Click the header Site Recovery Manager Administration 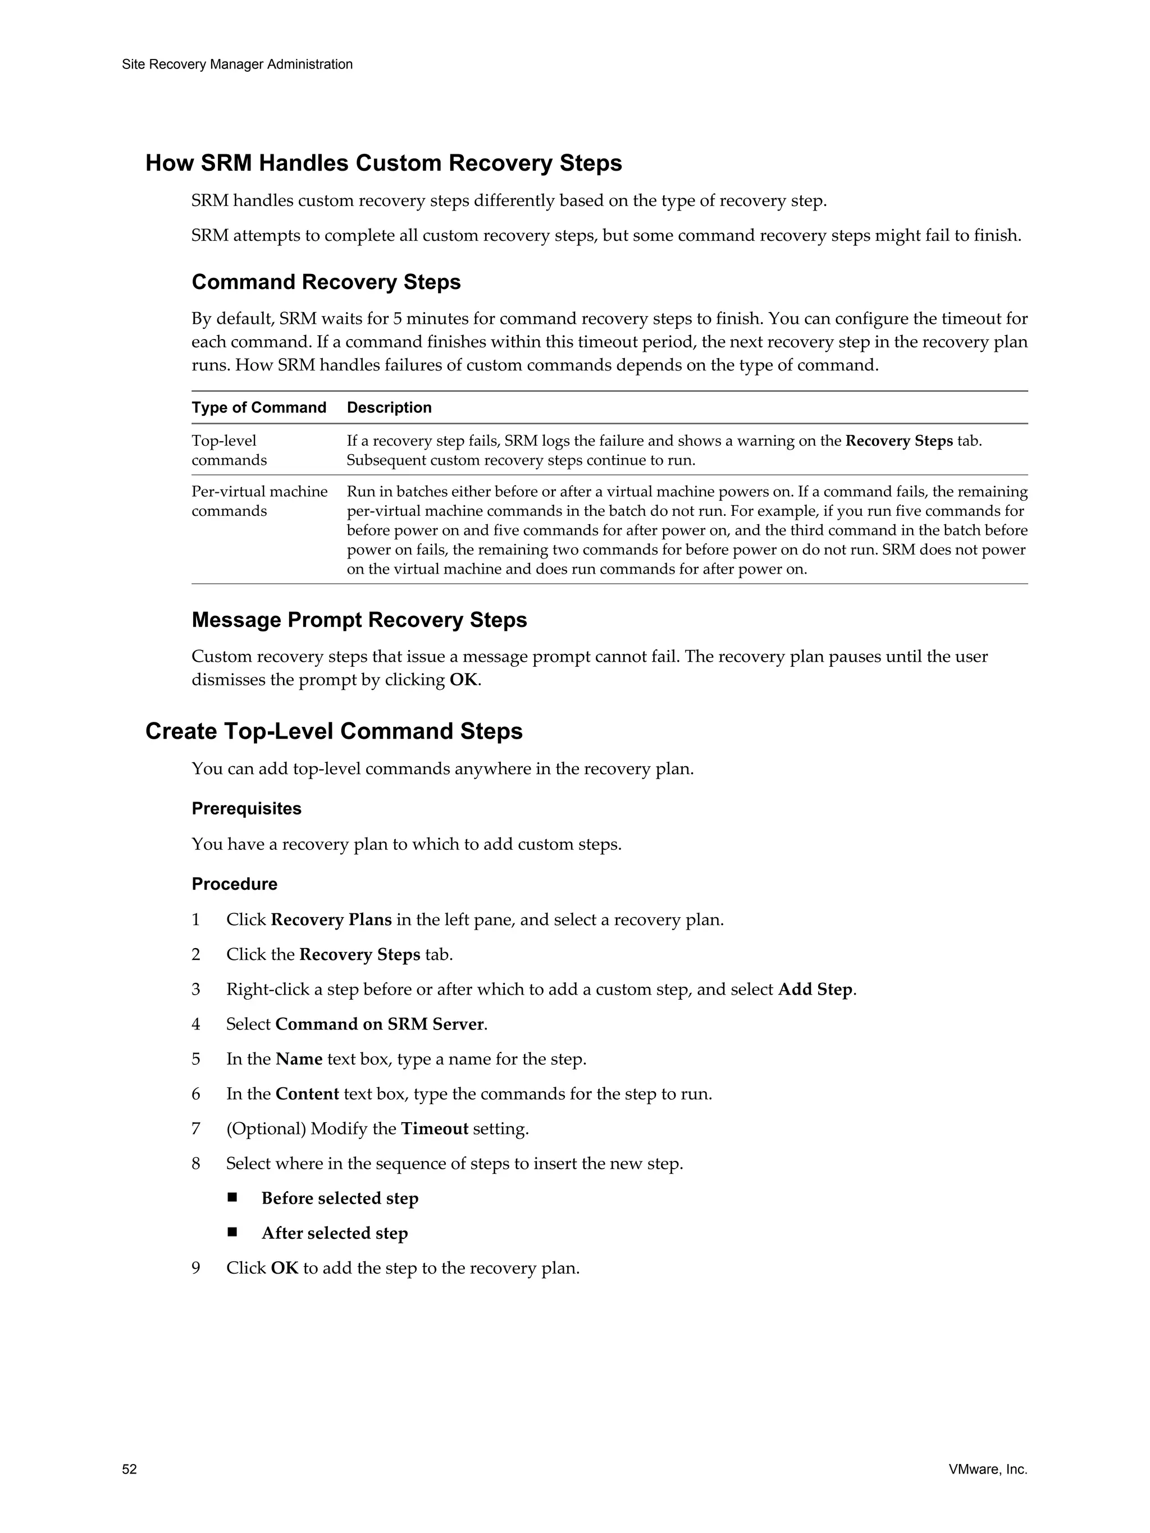(237, 65)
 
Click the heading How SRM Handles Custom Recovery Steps (384, 163)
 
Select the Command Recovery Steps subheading (326, 282)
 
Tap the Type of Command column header (258, 408)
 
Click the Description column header (389, 408)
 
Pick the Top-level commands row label (229, 451)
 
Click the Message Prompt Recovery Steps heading (359, 620)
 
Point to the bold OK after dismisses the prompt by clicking (463, 680)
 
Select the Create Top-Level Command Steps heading (334, 731)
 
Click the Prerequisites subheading (246, 809)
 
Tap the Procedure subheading (234, 884)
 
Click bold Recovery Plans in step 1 (331, 921)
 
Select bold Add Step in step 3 (815, 990)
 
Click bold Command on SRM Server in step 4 (379, 1024)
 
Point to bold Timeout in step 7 (434, 1129)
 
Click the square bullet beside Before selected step (232, 1197)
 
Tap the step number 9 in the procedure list (196, 1268)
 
